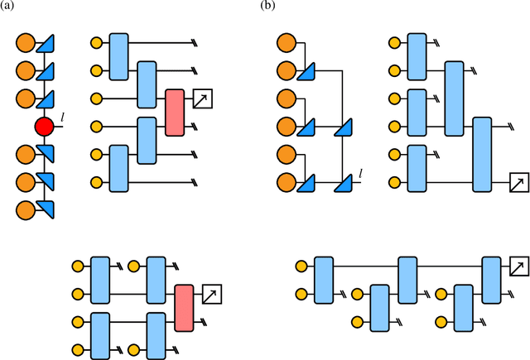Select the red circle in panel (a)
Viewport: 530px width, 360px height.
[x=44, y=127]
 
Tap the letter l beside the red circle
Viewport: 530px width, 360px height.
[x=63, y=121]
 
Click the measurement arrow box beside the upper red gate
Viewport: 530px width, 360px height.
[x=203, y=100]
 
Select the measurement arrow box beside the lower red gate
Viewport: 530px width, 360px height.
[x=213, y=294]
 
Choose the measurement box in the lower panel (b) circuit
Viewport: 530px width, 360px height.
[x=517, y=266]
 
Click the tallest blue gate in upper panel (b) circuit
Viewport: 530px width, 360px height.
[x=482, y=154]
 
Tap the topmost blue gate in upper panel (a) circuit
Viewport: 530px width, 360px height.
[x=118, y=56]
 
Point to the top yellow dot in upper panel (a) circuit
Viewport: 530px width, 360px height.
[x=96, y=43]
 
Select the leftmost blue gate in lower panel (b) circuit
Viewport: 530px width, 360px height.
[x=324, y=280]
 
